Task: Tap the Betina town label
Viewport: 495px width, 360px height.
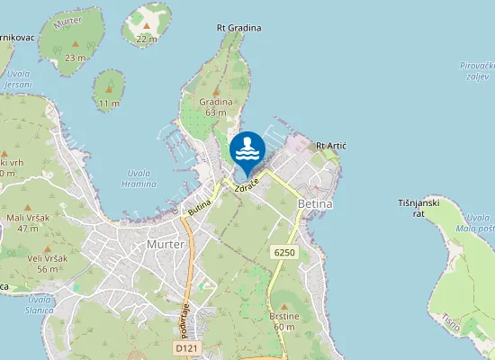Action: point(314,204)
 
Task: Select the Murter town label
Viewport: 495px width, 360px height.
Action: point(165,244)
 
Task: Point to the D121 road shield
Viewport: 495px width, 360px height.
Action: point(186,347)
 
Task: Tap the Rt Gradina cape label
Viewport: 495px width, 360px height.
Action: point(238,28)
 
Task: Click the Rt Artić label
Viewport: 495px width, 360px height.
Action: point(331,146)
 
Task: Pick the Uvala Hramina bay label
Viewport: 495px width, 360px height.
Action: point(138,177)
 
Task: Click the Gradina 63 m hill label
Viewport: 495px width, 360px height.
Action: point(215,107)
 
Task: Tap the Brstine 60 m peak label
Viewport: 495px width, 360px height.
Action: point(283,321)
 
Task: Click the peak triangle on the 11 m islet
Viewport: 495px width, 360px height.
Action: point(109,88)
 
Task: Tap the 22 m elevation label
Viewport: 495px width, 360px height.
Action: point(146,39)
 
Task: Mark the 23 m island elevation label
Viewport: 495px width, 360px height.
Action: point(75,58)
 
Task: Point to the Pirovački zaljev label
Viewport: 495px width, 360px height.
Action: point(476,71)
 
